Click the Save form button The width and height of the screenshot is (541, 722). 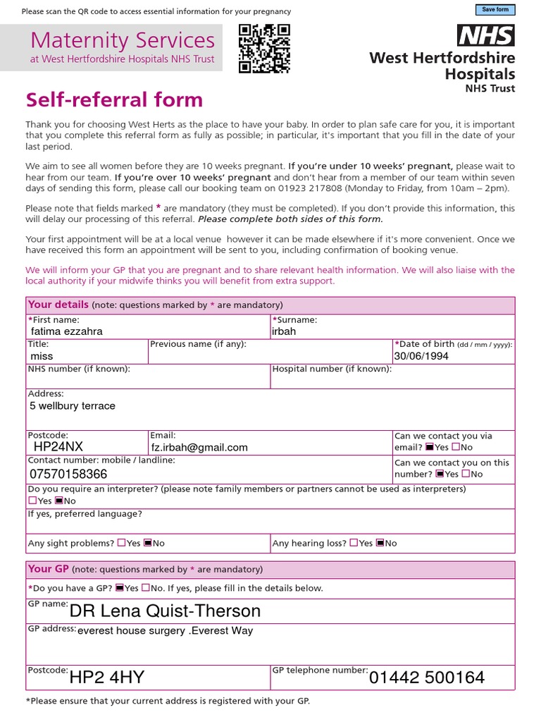click(x=496, y=10)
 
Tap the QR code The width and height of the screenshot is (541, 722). click(x=264, y=49)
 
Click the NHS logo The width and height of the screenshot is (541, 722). click(x=486, y=35)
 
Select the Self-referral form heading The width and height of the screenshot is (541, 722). click(x=114, y=99)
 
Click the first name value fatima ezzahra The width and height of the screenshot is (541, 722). click(x=67, y=331)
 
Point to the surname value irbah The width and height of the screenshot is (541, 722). click(x=284, y=331)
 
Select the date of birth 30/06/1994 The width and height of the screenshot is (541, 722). click(x=421, y=356)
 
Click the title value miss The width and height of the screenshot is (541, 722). click(x=42, y=357)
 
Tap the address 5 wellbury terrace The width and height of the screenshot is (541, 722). click(x=72, y=406)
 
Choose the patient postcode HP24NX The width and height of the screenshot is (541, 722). click(x=58, y=447)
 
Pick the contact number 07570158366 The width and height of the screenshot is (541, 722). click(x=68, y=474)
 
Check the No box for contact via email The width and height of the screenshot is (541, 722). click(x=456, y=447)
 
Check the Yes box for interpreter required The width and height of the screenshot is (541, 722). click(x=32, y=501)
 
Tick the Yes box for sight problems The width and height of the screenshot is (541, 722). click(x=121, y=543)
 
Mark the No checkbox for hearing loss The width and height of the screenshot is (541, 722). click(x=380, y=543)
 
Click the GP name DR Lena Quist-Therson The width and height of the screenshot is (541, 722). click(x=166, y=611)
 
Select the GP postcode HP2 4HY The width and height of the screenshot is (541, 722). click(x=107, y=678)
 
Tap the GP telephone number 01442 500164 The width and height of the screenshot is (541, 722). click(x=427, y=678)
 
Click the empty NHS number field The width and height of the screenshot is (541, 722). click(x=148, y=379)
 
